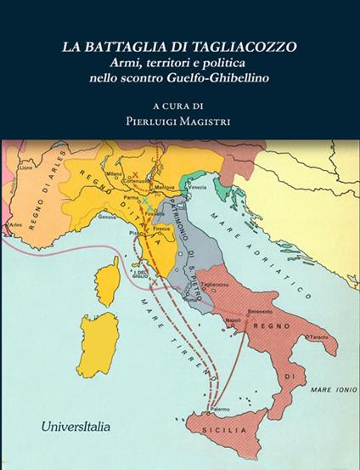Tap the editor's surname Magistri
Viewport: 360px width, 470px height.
[x=208, y=121]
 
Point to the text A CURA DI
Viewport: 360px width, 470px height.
[x=179, y=105]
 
